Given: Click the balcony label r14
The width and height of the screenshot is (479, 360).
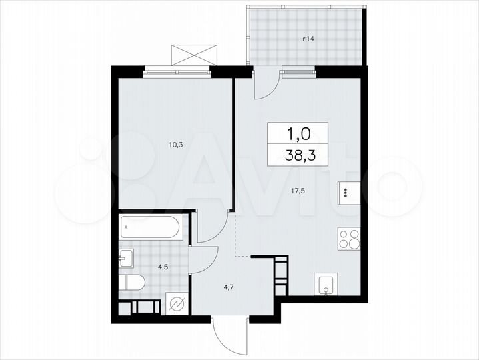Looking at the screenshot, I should (308, 39).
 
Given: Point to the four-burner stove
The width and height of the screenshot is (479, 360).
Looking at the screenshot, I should (349, 238).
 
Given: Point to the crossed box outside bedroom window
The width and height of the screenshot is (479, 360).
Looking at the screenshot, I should (194, 54).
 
